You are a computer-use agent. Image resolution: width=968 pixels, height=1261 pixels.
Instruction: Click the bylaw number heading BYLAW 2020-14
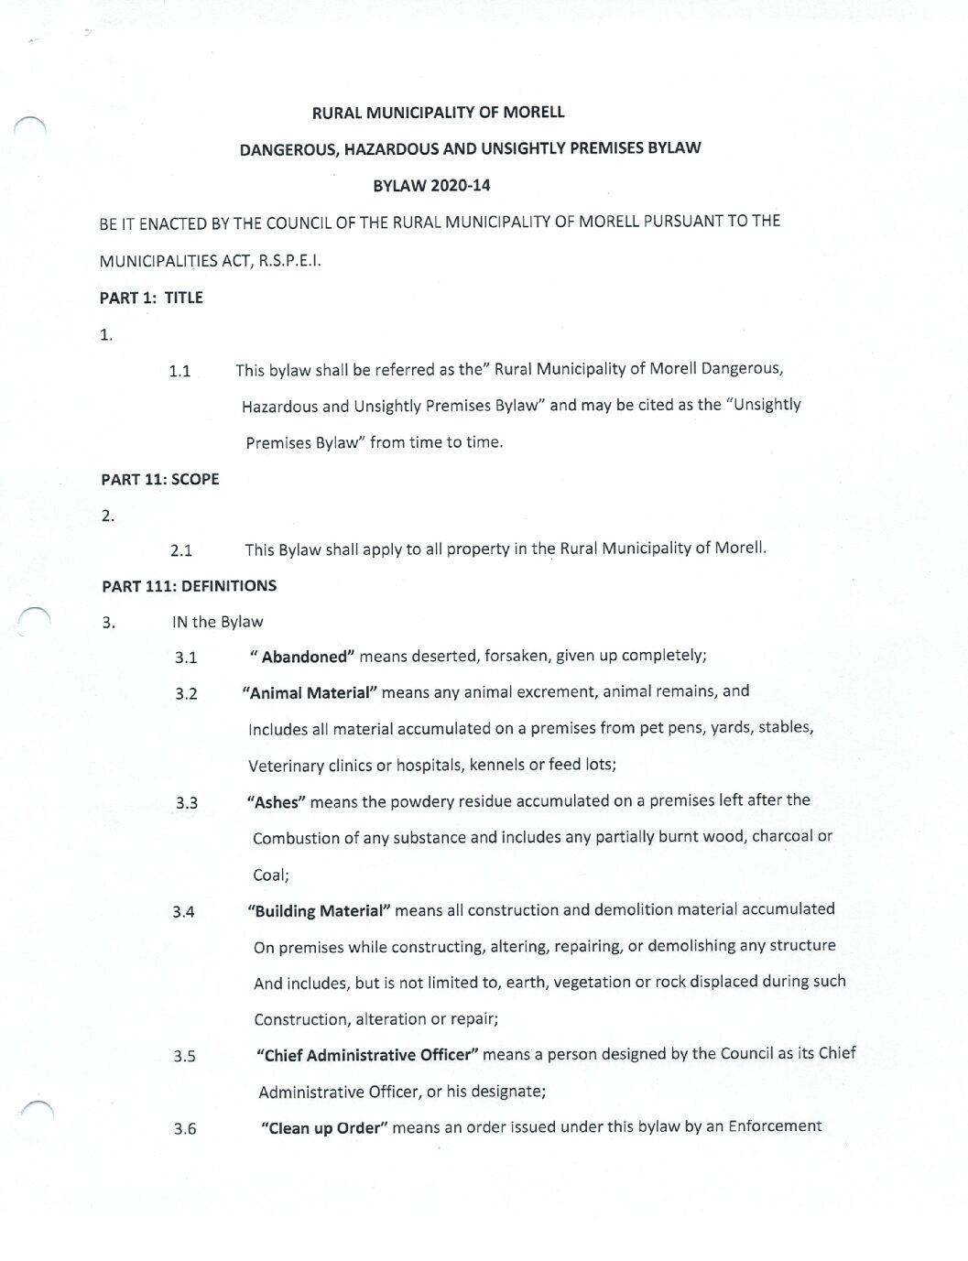(x=431, y=186)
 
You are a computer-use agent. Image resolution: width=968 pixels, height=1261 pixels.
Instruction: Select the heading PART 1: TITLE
(x=151, y=298)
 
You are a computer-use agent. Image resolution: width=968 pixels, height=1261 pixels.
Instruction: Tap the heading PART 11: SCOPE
(x=159, y=479)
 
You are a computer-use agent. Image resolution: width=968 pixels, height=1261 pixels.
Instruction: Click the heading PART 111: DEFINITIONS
(x=189, y=586)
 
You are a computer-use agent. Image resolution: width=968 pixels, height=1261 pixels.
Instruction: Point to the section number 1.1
(x=179, y=372)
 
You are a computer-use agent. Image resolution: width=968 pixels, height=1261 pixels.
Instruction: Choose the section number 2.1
(x=181, y=551)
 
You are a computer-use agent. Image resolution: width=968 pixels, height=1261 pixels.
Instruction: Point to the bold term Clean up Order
(x=321, y=1128)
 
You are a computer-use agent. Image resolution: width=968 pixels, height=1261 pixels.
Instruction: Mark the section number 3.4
(x=183, y=912)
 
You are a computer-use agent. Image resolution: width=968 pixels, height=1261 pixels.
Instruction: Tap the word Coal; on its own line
(x=271, y=875)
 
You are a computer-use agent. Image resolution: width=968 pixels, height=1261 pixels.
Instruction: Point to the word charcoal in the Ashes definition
(x=782, y=836)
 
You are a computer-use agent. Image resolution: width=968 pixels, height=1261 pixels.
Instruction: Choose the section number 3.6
(x=185, y=1129)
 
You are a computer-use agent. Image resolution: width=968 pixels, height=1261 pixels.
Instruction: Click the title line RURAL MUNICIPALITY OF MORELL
(x=439, y=113)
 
